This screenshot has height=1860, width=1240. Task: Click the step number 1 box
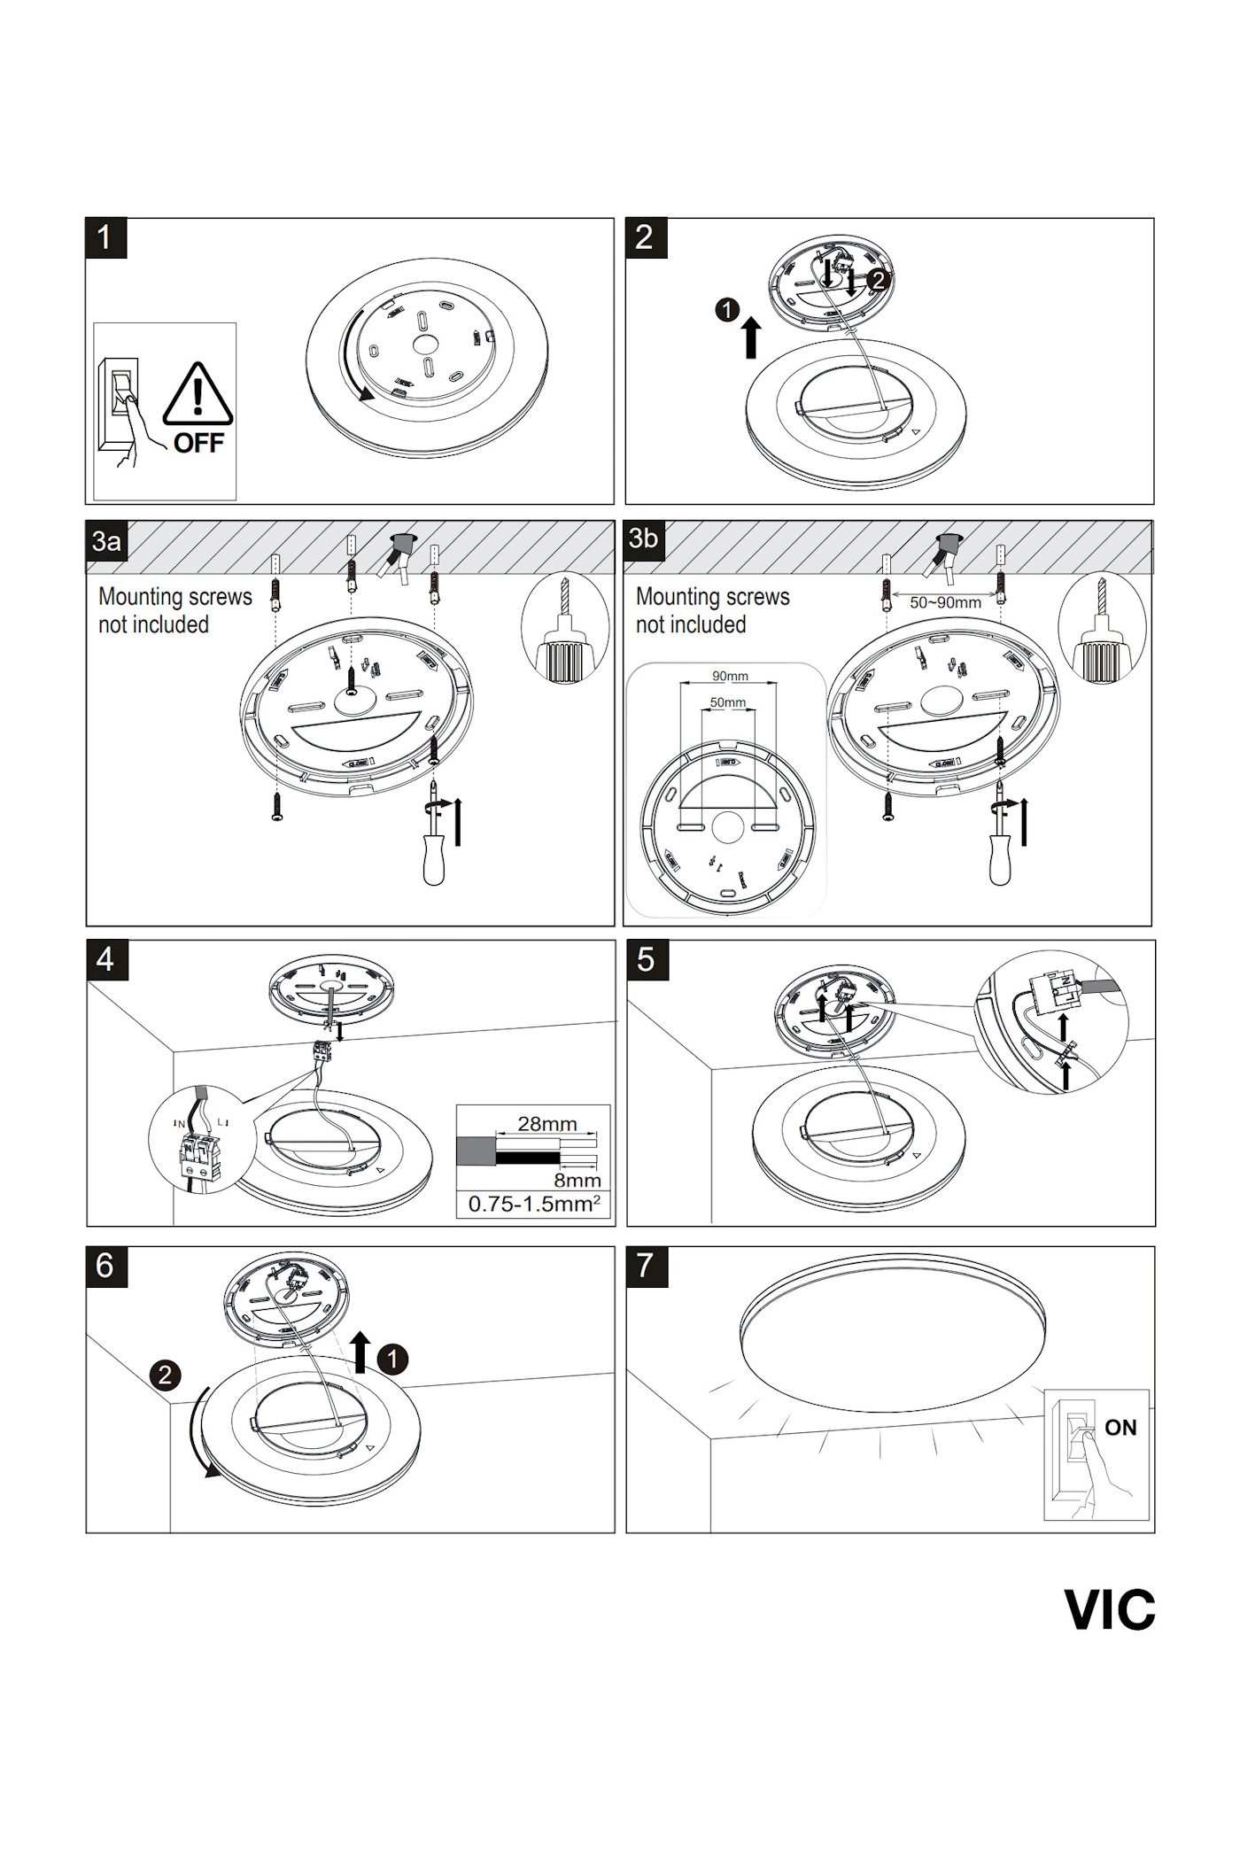coord(105,238)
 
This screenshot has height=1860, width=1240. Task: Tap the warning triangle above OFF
coord(198,395)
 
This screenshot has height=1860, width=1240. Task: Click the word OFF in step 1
coord(199,443)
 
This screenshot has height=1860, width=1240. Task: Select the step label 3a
coord(106,540)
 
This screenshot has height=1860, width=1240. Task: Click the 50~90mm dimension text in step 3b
coord(945,603)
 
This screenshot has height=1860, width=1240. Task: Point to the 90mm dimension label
coord(730,677)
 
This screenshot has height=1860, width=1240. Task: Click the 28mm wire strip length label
coord(546,1124)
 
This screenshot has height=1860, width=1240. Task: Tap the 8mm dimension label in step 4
coord(577,1181)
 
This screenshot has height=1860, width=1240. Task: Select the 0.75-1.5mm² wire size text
coord(534,1205)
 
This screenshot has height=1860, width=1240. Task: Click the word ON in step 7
coord(1120,1428)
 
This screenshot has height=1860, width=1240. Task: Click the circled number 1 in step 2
coord(726,310)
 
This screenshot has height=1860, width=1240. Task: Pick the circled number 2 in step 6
coord(165,1376)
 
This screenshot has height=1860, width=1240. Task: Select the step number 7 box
coord(646,1266)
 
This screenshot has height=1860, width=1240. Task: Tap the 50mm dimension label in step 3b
coord(727,702)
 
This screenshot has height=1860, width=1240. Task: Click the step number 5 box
coord(646,960)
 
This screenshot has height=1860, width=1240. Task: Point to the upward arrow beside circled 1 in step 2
coord(751,338)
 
